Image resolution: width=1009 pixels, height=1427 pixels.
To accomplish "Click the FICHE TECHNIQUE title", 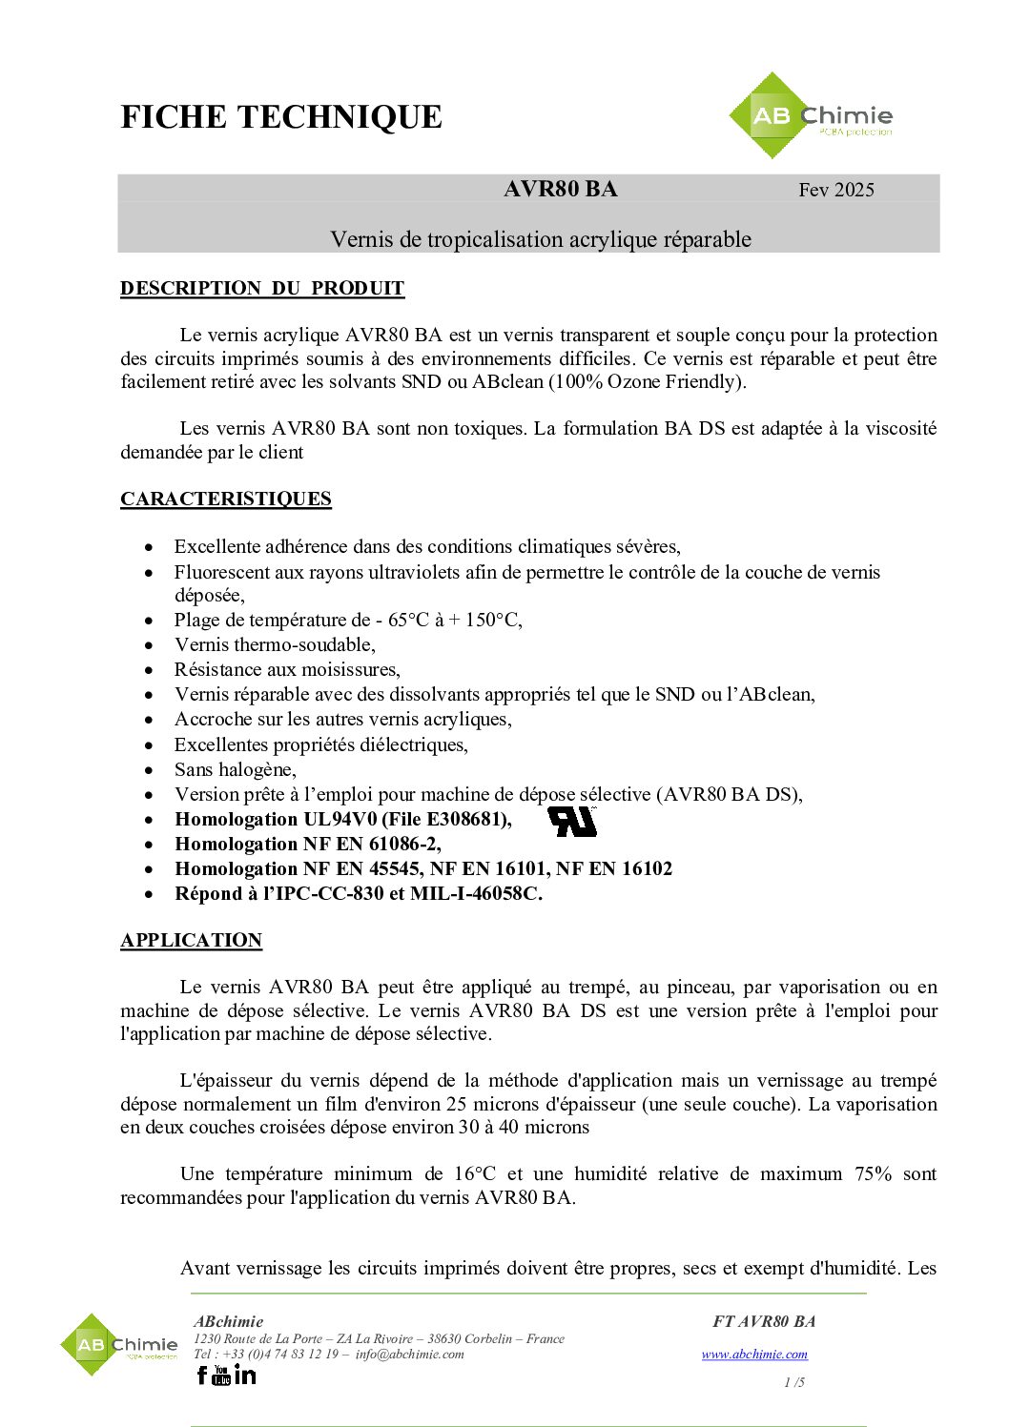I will (281, 117).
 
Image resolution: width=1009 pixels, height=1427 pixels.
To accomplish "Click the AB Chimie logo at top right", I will (811, 116).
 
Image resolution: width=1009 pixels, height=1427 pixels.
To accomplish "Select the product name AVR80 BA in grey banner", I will (560, 189).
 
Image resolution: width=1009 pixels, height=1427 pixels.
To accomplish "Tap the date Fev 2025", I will (835, 190).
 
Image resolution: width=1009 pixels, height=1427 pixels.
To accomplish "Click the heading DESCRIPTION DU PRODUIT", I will (262, 288).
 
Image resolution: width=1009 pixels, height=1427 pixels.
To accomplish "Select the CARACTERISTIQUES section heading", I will (226, 499).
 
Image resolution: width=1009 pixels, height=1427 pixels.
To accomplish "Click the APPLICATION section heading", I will (191, 940).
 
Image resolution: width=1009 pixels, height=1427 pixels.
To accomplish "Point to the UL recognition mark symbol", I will (572, 821).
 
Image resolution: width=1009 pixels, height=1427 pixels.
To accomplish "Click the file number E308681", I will (467, 819).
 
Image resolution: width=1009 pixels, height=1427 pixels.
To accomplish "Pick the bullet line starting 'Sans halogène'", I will (235, 769).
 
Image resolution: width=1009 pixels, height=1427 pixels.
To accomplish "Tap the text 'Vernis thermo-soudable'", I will (275, 644).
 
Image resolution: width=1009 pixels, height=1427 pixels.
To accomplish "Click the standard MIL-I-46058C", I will (475, 893).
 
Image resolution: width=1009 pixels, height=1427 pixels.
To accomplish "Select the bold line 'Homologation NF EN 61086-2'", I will (307, 844).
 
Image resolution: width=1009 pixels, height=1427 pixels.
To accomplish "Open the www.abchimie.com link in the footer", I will (754, 1354).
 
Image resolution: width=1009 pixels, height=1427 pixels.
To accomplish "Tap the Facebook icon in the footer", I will (201, 1375).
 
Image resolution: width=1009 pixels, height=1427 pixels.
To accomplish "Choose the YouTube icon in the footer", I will (221, 1375).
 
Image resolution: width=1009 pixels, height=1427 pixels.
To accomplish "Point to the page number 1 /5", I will (793, 1382).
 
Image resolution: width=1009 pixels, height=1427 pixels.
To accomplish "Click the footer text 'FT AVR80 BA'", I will (763, 1321).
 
